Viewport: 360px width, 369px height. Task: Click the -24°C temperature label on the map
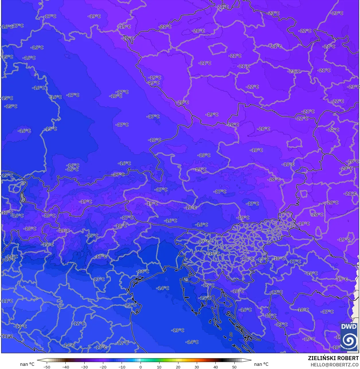click(x=329, y=46)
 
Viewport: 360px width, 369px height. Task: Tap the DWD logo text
click(x=349, y=327)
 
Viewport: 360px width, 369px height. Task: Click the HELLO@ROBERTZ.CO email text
click(x=335, y=364)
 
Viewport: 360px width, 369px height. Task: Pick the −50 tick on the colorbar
click(x=46, y=367)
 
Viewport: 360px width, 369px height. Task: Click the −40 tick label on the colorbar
click(x=66, y=367)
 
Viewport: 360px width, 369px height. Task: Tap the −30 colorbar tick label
click(x=84, y=367)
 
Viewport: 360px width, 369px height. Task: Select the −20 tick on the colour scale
click(x=103, y=367)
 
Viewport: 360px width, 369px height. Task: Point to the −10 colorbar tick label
click(x=122, y=367)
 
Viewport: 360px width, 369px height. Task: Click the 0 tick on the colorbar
click(x=141, y=367)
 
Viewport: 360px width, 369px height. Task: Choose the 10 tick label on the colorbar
click(x=159, y=367)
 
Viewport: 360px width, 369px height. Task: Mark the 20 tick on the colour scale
click(x=178, y=367)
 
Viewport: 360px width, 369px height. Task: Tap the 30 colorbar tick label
click(x=197, y=367)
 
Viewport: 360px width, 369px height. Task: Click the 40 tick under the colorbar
click(x=215, y=367)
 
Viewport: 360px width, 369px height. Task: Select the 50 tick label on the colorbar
click(x=234, y=367)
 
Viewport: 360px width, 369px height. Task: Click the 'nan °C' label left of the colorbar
click(x=27, y=364)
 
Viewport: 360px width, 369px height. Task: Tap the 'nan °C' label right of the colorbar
click(x=261, y=364)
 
